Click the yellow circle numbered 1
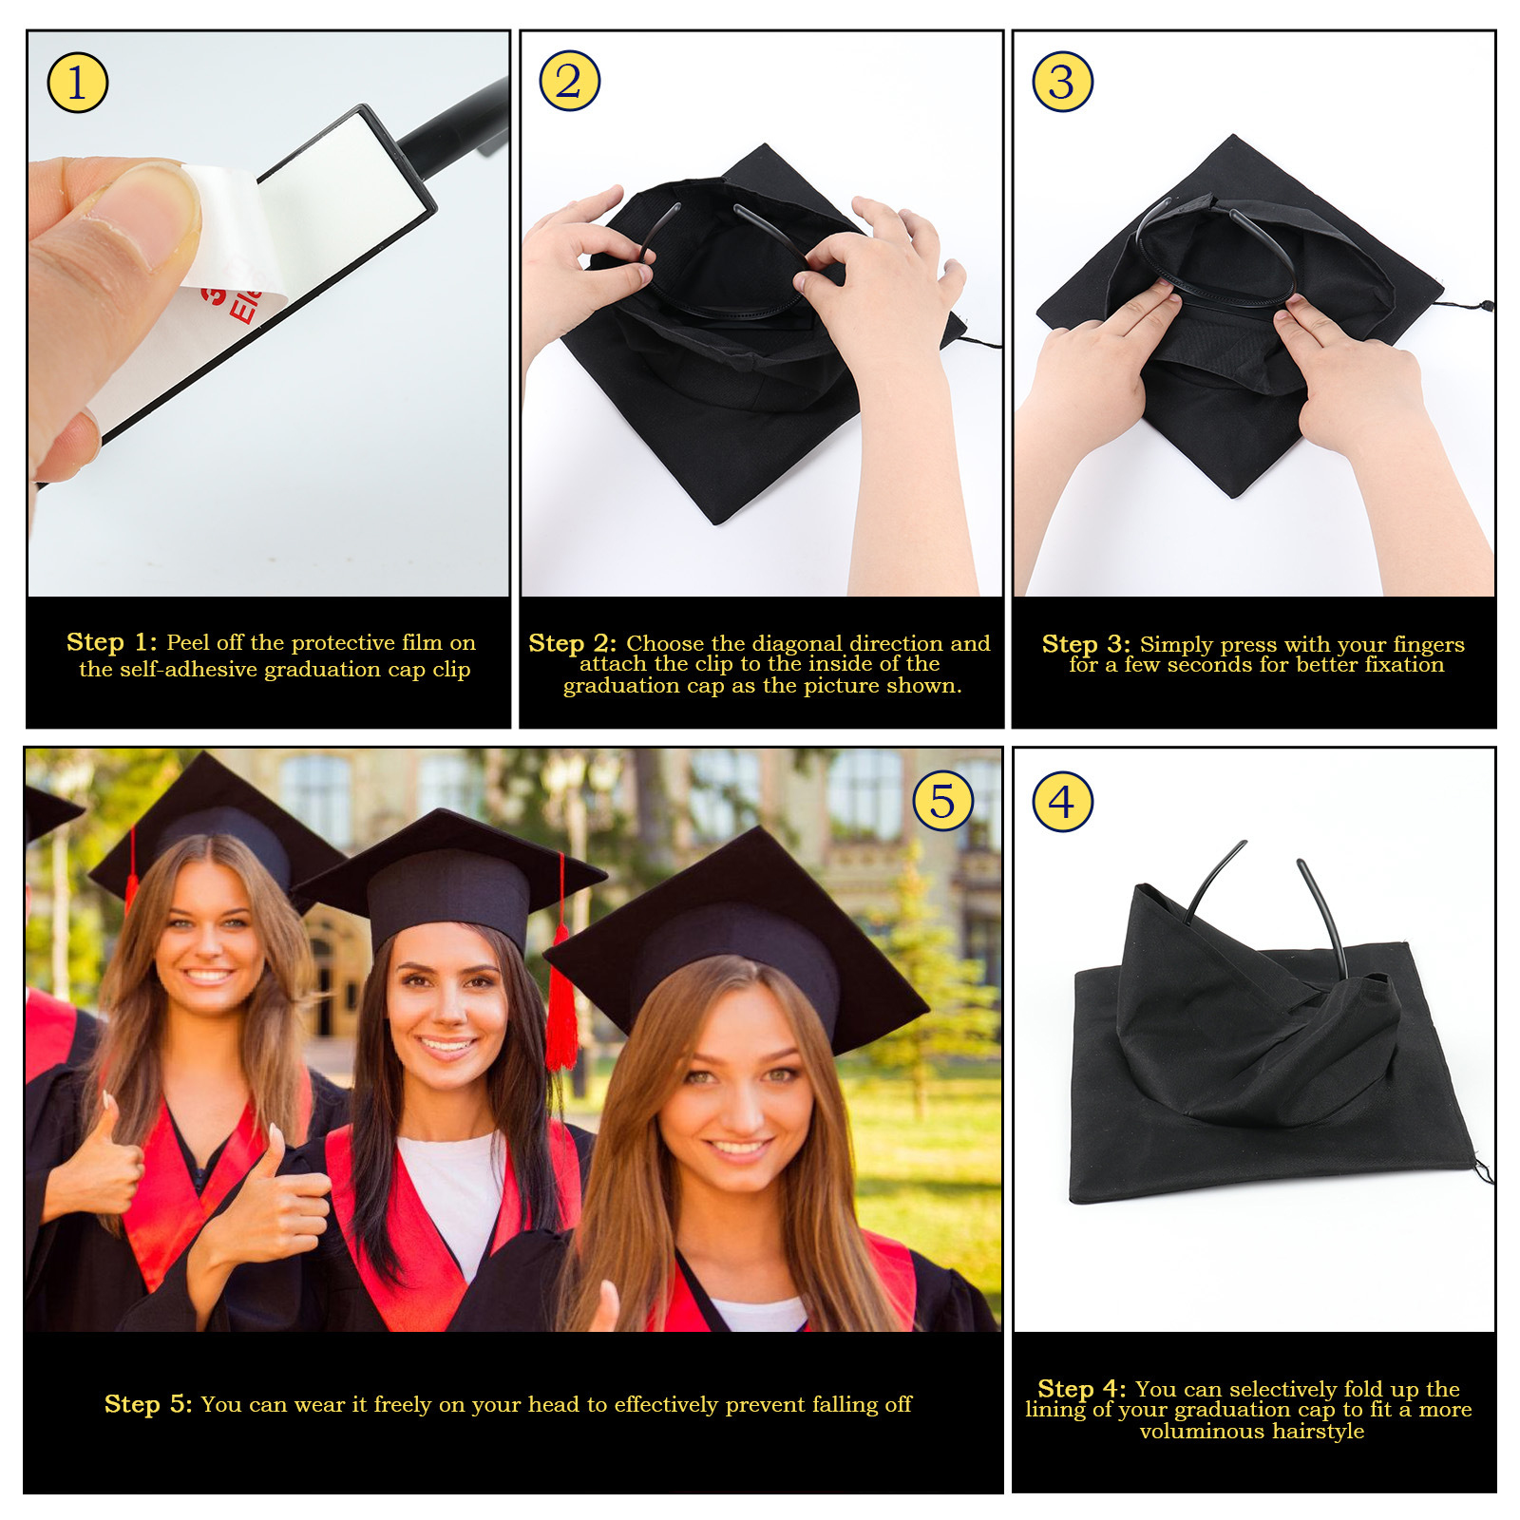pos(77,83)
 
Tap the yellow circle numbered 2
pos(569,81)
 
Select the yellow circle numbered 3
pos(1062,82)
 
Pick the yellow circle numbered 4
pos(1062,802)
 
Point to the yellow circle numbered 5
pos(942,802)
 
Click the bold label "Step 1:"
pos(112,643)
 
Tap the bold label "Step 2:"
pos(573,644)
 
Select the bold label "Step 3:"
pos(1086,645)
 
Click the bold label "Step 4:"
pos(1082,1390)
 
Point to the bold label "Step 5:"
pos(148,1404)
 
